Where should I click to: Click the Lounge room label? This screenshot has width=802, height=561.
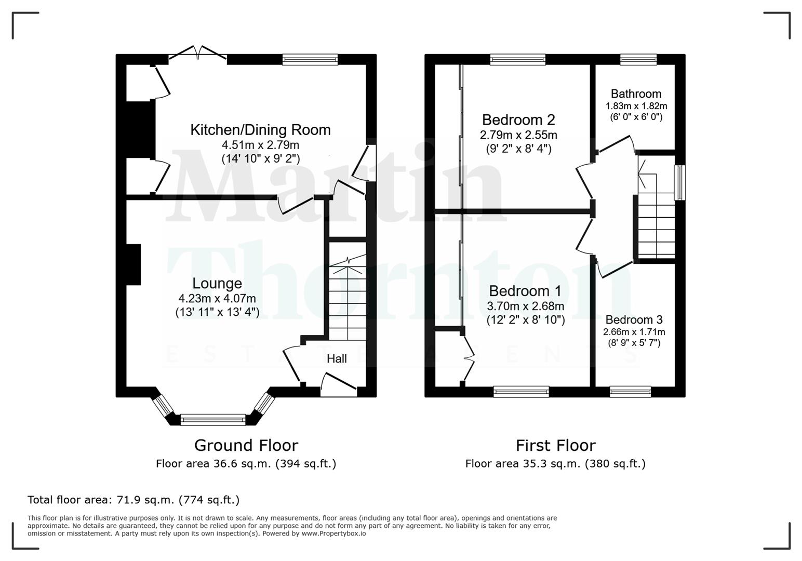tap(217, 284)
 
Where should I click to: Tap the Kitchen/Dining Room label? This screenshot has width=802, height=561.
tap(260, 130)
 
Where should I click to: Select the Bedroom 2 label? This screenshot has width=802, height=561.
tap(518, 120)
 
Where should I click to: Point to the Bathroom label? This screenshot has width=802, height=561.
tap(636, 94)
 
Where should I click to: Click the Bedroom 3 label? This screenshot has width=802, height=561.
tap(634, 320)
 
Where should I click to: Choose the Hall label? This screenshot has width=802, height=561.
tap(337, 359)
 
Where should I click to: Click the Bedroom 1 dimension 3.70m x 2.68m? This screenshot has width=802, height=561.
tap(525, 306)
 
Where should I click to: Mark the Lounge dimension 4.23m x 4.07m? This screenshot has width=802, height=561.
tap(217, 299)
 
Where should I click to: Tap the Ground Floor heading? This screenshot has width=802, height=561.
tap(246, 446)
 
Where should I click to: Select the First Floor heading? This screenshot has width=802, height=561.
tap(555, 446)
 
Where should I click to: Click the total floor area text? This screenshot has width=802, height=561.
tap(133, 500)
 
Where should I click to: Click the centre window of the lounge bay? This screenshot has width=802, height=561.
tap(213, 420)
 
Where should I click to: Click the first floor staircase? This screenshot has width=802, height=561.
tap(656, 218)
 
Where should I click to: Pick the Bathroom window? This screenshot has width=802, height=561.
tap(638, 60)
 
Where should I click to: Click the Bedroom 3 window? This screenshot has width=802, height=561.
tap(630, 392)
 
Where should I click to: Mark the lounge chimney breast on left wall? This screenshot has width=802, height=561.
tap(133, 264)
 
